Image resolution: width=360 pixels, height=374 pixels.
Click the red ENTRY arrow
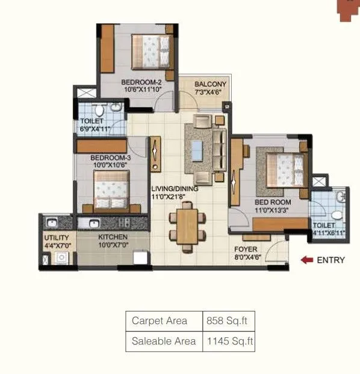tap(307, 260)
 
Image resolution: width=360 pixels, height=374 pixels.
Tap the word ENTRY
tap(331, 260)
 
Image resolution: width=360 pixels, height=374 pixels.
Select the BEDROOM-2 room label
tap(141, 82)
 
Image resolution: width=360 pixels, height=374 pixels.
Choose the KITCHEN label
tap(114, 238)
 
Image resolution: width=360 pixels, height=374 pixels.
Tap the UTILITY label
tap(56, 238)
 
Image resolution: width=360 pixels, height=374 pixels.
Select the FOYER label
tap(245, 249)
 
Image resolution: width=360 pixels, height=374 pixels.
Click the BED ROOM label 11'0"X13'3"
tap(273, 203)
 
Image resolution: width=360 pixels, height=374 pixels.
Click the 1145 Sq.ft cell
tap(229, 341)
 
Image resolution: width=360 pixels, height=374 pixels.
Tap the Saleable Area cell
tap(164, 341)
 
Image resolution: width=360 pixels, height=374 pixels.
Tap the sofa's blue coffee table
tap(197, 148)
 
